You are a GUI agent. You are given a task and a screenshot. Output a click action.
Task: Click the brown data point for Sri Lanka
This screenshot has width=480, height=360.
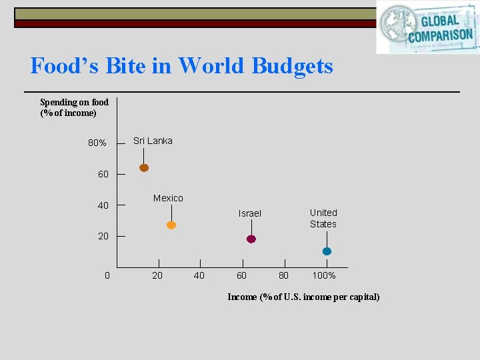144,168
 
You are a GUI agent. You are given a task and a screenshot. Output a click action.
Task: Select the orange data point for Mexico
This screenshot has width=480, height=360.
171,225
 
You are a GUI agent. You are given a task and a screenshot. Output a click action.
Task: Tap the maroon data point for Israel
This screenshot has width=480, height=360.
251,239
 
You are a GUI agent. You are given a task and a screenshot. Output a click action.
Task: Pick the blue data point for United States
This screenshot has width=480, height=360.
327,251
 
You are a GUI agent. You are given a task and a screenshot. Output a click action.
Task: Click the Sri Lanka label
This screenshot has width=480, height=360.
153,141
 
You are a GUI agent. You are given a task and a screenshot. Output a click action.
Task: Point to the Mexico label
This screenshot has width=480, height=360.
168,198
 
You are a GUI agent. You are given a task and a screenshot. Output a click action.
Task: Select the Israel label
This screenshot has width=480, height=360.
250,213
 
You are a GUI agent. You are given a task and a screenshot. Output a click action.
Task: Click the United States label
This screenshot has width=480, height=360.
323,218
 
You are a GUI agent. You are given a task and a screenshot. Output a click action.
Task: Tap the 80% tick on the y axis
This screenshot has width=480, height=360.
97,143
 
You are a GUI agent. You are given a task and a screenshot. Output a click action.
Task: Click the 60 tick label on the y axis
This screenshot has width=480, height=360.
103,174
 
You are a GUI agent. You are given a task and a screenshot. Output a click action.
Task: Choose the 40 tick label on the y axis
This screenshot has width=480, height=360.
103,205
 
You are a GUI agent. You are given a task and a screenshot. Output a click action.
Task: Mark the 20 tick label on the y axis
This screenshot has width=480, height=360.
103,237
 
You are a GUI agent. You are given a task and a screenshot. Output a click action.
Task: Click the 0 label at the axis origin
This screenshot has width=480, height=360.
107,275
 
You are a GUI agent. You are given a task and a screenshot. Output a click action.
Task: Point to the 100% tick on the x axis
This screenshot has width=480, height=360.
324,275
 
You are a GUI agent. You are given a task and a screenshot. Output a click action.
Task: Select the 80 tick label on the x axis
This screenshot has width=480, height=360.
283,275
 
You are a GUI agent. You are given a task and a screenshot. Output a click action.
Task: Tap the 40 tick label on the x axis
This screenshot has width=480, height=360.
199,275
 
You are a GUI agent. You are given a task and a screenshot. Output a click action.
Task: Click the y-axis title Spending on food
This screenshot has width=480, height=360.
74,107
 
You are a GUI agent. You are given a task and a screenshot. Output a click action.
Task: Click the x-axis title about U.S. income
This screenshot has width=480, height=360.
303,297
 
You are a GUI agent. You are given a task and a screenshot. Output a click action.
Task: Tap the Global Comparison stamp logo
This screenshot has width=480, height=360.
428,27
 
